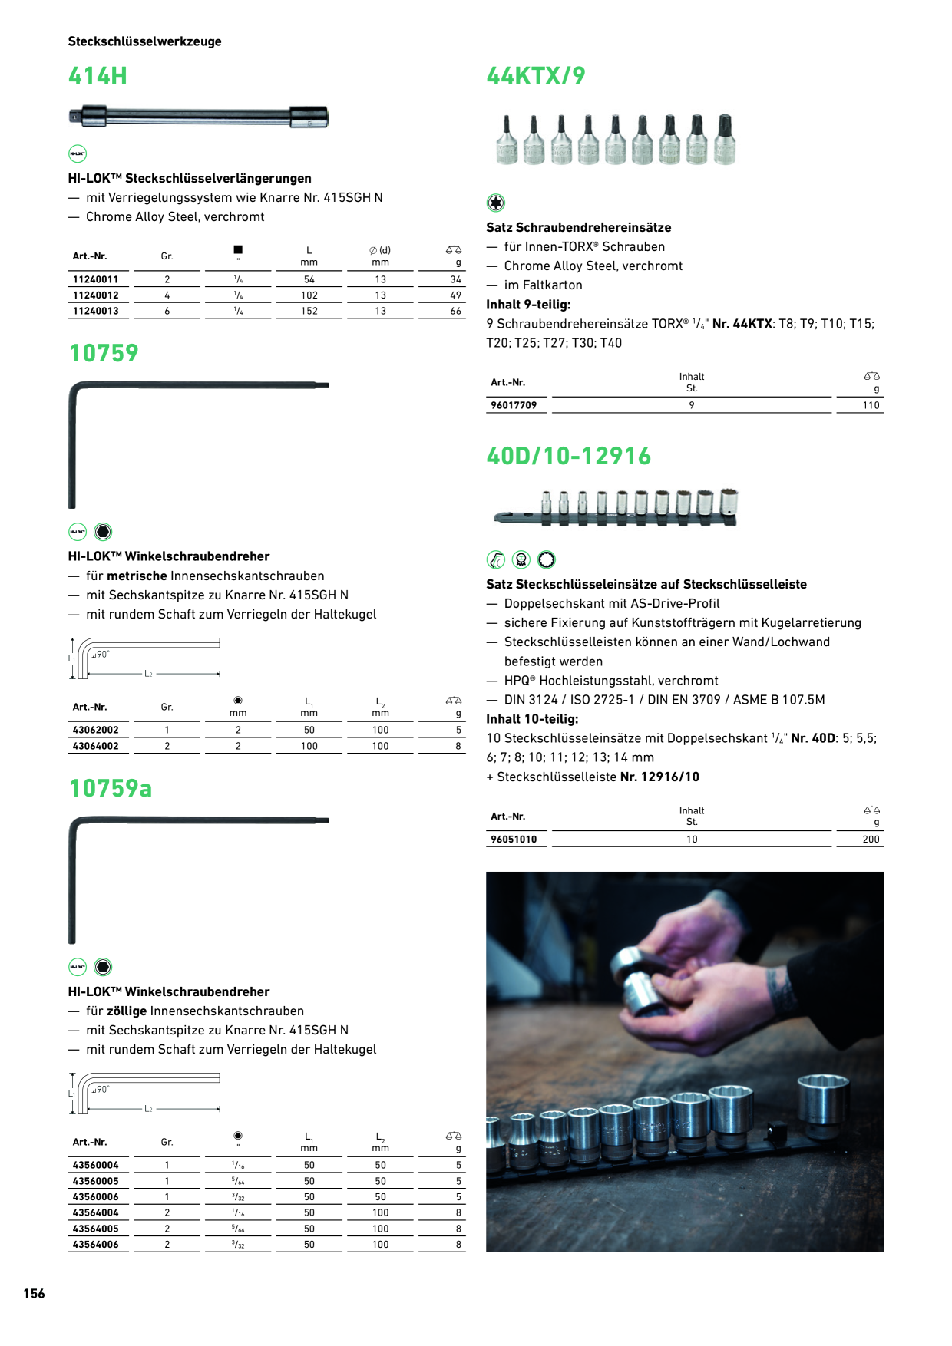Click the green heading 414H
click(x=98, y=76)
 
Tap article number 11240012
click(x=96, y=295)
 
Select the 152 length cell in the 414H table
click(x=309, y=311)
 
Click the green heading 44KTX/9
click(x=536, y=76)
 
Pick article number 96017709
click(x=514, y=405)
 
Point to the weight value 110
click(x=871, y=405)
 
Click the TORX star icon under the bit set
click(x=496, y=203)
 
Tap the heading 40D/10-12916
click(x=569, y=457)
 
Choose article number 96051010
click(x=514, y=840)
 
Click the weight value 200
click(x=871, y=840)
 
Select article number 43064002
click(x=96, y=746)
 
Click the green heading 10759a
click(x=111, y=788)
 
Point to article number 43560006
click(x=96, y=1197)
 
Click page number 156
click(x=34, y=1294)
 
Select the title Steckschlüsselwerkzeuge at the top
click(x=144, y=41)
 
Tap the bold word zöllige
click(x=127, y=1011)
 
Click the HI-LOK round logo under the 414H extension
click(x=78, y=153)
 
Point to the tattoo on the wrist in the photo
click(x=781, y=988)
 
